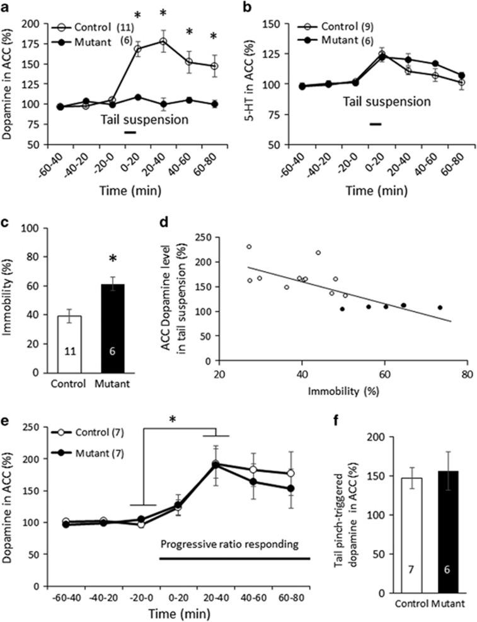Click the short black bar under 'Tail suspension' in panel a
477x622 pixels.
pyautogui.click(x=130, y=132)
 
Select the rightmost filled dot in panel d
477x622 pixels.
pyautogui.click(x=440, y=308)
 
